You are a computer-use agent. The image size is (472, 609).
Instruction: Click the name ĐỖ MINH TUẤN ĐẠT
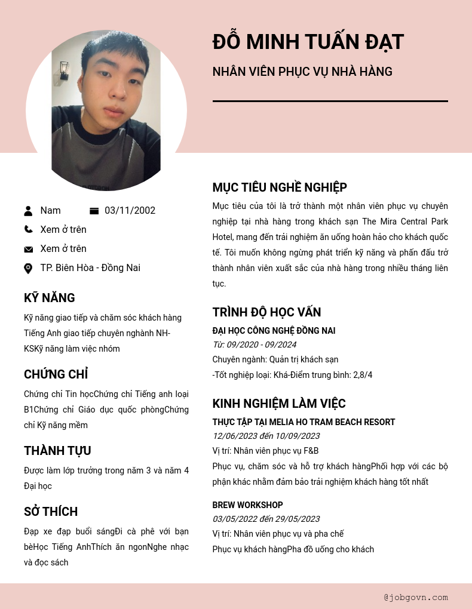pyautogui.click(x=308, y=42)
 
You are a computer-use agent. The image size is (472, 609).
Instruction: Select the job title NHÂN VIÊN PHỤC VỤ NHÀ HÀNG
pyautogui.click(x=302, y=72)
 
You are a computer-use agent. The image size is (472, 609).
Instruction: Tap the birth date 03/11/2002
pyautogui.click(x=130, y=210)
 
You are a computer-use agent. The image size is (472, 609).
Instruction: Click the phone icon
pyautogui.click(x=28, y=229)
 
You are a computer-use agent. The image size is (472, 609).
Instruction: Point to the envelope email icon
pyautogui.click(x=28, y=249)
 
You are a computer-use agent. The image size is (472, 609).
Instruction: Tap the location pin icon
pyautogui.click(x=28, y=268)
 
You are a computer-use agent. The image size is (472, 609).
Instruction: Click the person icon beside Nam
pyautogui.click(x=28, y=210)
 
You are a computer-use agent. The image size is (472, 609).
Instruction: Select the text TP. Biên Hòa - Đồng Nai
pyautogui.click(x=90, y=267)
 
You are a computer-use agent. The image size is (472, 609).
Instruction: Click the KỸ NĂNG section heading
pyautogui.click(x=49, y=298)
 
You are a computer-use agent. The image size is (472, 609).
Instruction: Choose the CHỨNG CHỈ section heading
pyautogui.click(x=56, y=374)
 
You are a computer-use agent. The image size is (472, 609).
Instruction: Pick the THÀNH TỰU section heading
pyautogui.click(x=57, y=451)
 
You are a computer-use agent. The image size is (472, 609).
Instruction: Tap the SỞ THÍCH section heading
pyautogui.click(x=51, y=512)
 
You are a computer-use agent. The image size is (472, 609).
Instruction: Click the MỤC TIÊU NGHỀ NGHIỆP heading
pyautogui.click(x=280, y=187)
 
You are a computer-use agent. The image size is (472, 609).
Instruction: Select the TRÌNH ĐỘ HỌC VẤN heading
pyautogui.click(x=266, y=312)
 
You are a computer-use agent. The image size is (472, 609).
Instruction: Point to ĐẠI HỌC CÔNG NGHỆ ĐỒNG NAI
pyautogui.click(x=274, y=331)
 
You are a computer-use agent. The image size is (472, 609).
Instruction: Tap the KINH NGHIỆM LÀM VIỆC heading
pyautogui.click(x=278, y=404)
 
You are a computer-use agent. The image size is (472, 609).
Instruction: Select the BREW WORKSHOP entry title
pyautogui.click(x=247, y=505)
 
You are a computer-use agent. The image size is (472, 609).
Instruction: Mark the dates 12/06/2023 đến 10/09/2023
pyautogui.click(x=266, y=436)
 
